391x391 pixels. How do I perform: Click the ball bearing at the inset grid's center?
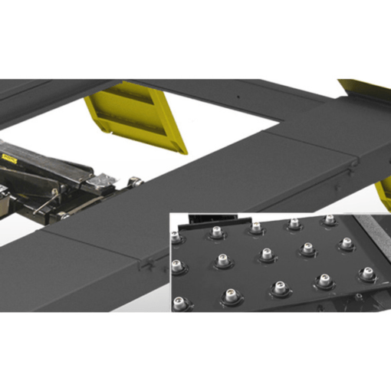[267, 254]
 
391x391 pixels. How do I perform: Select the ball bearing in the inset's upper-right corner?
[330, 221]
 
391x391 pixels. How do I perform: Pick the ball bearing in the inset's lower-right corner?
[367, 273]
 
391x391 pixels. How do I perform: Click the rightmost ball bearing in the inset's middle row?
[347, 244]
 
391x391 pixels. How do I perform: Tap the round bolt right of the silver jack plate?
[135, 181]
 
